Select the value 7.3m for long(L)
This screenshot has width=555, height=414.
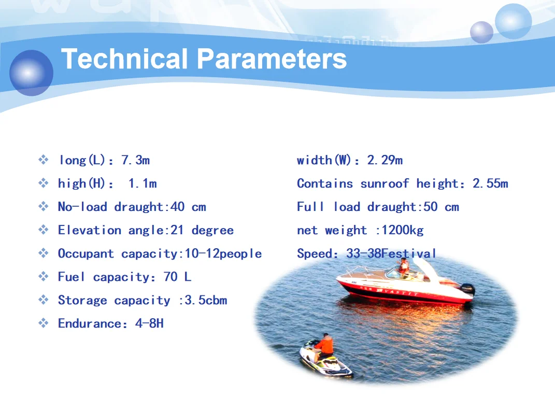pos(135,160)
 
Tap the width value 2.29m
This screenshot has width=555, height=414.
pos(385,160)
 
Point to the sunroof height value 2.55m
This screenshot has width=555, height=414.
pos(490,183)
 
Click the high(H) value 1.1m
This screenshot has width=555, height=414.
pos(143,183)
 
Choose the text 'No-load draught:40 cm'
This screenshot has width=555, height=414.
pos(132,207)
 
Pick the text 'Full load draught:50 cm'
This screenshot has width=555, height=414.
pos(378,207)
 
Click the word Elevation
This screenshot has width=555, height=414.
pos(89,230)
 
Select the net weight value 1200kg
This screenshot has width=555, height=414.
pos(402,230)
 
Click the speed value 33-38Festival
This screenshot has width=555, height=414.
pos(391,253)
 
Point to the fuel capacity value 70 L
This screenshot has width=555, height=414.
pos(177,277)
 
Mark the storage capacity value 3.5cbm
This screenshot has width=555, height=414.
pos(206,300)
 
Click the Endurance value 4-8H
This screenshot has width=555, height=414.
pos(149,323)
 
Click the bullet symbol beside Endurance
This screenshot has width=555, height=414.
pos(44,323)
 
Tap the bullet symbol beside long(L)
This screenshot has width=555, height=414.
pos(44,160)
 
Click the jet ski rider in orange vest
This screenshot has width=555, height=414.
pos(325,346)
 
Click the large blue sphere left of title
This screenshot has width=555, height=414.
pos(31,73)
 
